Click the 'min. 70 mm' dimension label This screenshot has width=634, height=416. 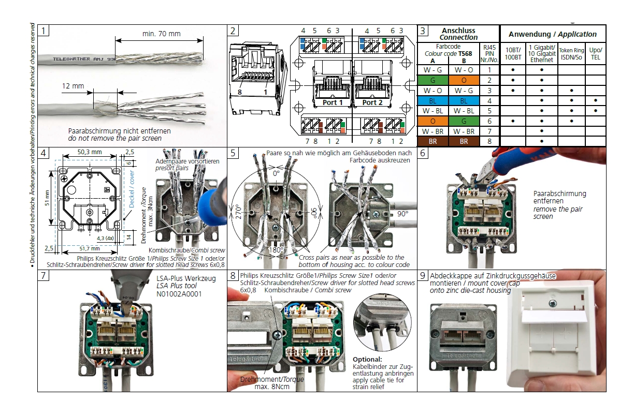[162, 34]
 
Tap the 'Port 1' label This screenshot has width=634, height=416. [333, 102]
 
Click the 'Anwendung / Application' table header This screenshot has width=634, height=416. [552, 34]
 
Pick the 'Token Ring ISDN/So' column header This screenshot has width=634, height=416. [571, 54]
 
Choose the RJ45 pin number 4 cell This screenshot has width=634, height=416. [488, 100]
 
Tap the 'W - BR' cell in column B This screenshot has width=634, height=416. [464, 131]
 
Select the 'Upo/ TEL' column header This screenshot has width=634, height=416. [596, 54]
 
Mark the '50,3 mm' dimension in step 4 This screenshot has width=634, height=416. [90, 153]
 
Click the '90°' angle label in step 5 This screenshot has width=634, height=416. [404, 213]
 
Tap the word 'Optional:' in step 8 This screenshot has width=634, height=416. [367, 359]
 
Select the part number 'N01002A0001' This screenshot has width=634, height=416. [179, 294]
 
